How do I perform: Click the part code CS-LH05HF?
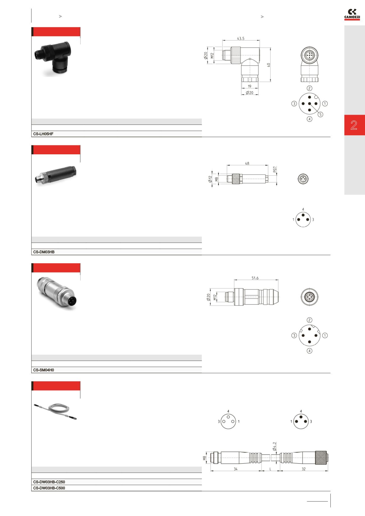click(x=43, y=134)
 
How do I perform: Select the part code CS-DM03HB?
click(x=44, y=252)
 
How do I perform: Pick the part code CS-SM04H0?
click(x=44, y=370)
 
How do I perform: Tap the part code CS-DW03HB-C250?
click(x=49, y=482)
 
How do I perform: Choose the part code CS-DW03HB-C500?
click(x=49, y=488)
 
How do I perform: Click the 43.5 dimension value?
click(x=241, y=38)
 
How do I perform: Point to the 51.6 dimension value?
click(x=255, y=278)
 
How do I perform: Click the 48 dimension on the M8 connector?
click(x=247, y=163)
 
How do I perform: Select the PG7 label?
click(x=275, y=170)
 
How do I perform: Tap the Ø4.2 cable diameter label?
click(x=274, y=446)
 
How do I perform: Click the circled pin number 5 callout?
click(x=320, y=114)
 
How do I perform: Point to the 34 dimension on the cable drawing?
click(x=235, y=469)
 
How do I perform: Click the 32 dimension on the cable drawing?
click(x=304, y=469)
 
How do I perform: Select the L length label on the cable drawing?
click(x=270, y=469)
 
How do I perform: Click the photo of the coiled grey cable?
click(x=55, y=412)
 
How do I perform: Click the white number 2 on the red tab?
click(x=354, y=125)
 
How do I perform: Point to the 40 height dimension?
click(x=269, y=65)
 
